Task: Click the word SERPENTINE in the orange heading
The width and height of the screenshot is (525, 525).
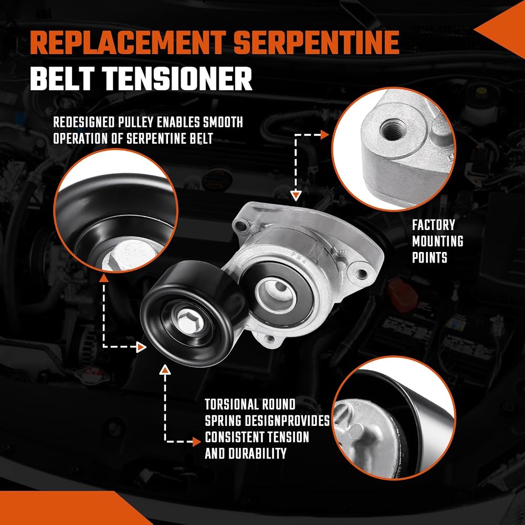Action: [317, 43]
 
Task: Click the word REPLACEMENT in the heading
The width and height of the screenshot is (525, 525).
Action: [128, 43]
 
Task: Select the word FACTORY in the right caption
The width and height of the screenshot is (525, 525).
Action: [434, 225]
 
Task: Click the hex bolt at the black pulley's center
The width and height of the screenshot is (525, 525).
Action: [188, 321]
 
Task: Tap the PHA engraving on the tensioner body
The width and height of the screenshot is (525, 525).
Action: [299, 258]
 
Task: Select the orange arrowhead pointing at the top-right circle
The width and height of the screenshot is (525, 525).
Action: [324, 135]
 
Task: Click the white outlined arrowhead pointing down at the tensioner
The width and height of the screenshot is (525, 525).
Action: [296, 196]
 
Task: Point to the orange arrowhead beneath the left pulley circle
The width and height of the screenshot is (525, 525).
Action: [104, 278]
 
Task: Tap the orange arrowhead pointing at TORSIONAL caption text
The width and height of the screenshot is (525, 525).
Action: [197, 442]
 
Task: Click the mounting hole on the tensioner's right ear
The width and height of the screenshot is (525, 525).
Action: [361, 274]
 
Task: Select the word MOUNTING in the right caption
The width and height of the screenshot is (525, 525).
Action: [438, 241]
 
